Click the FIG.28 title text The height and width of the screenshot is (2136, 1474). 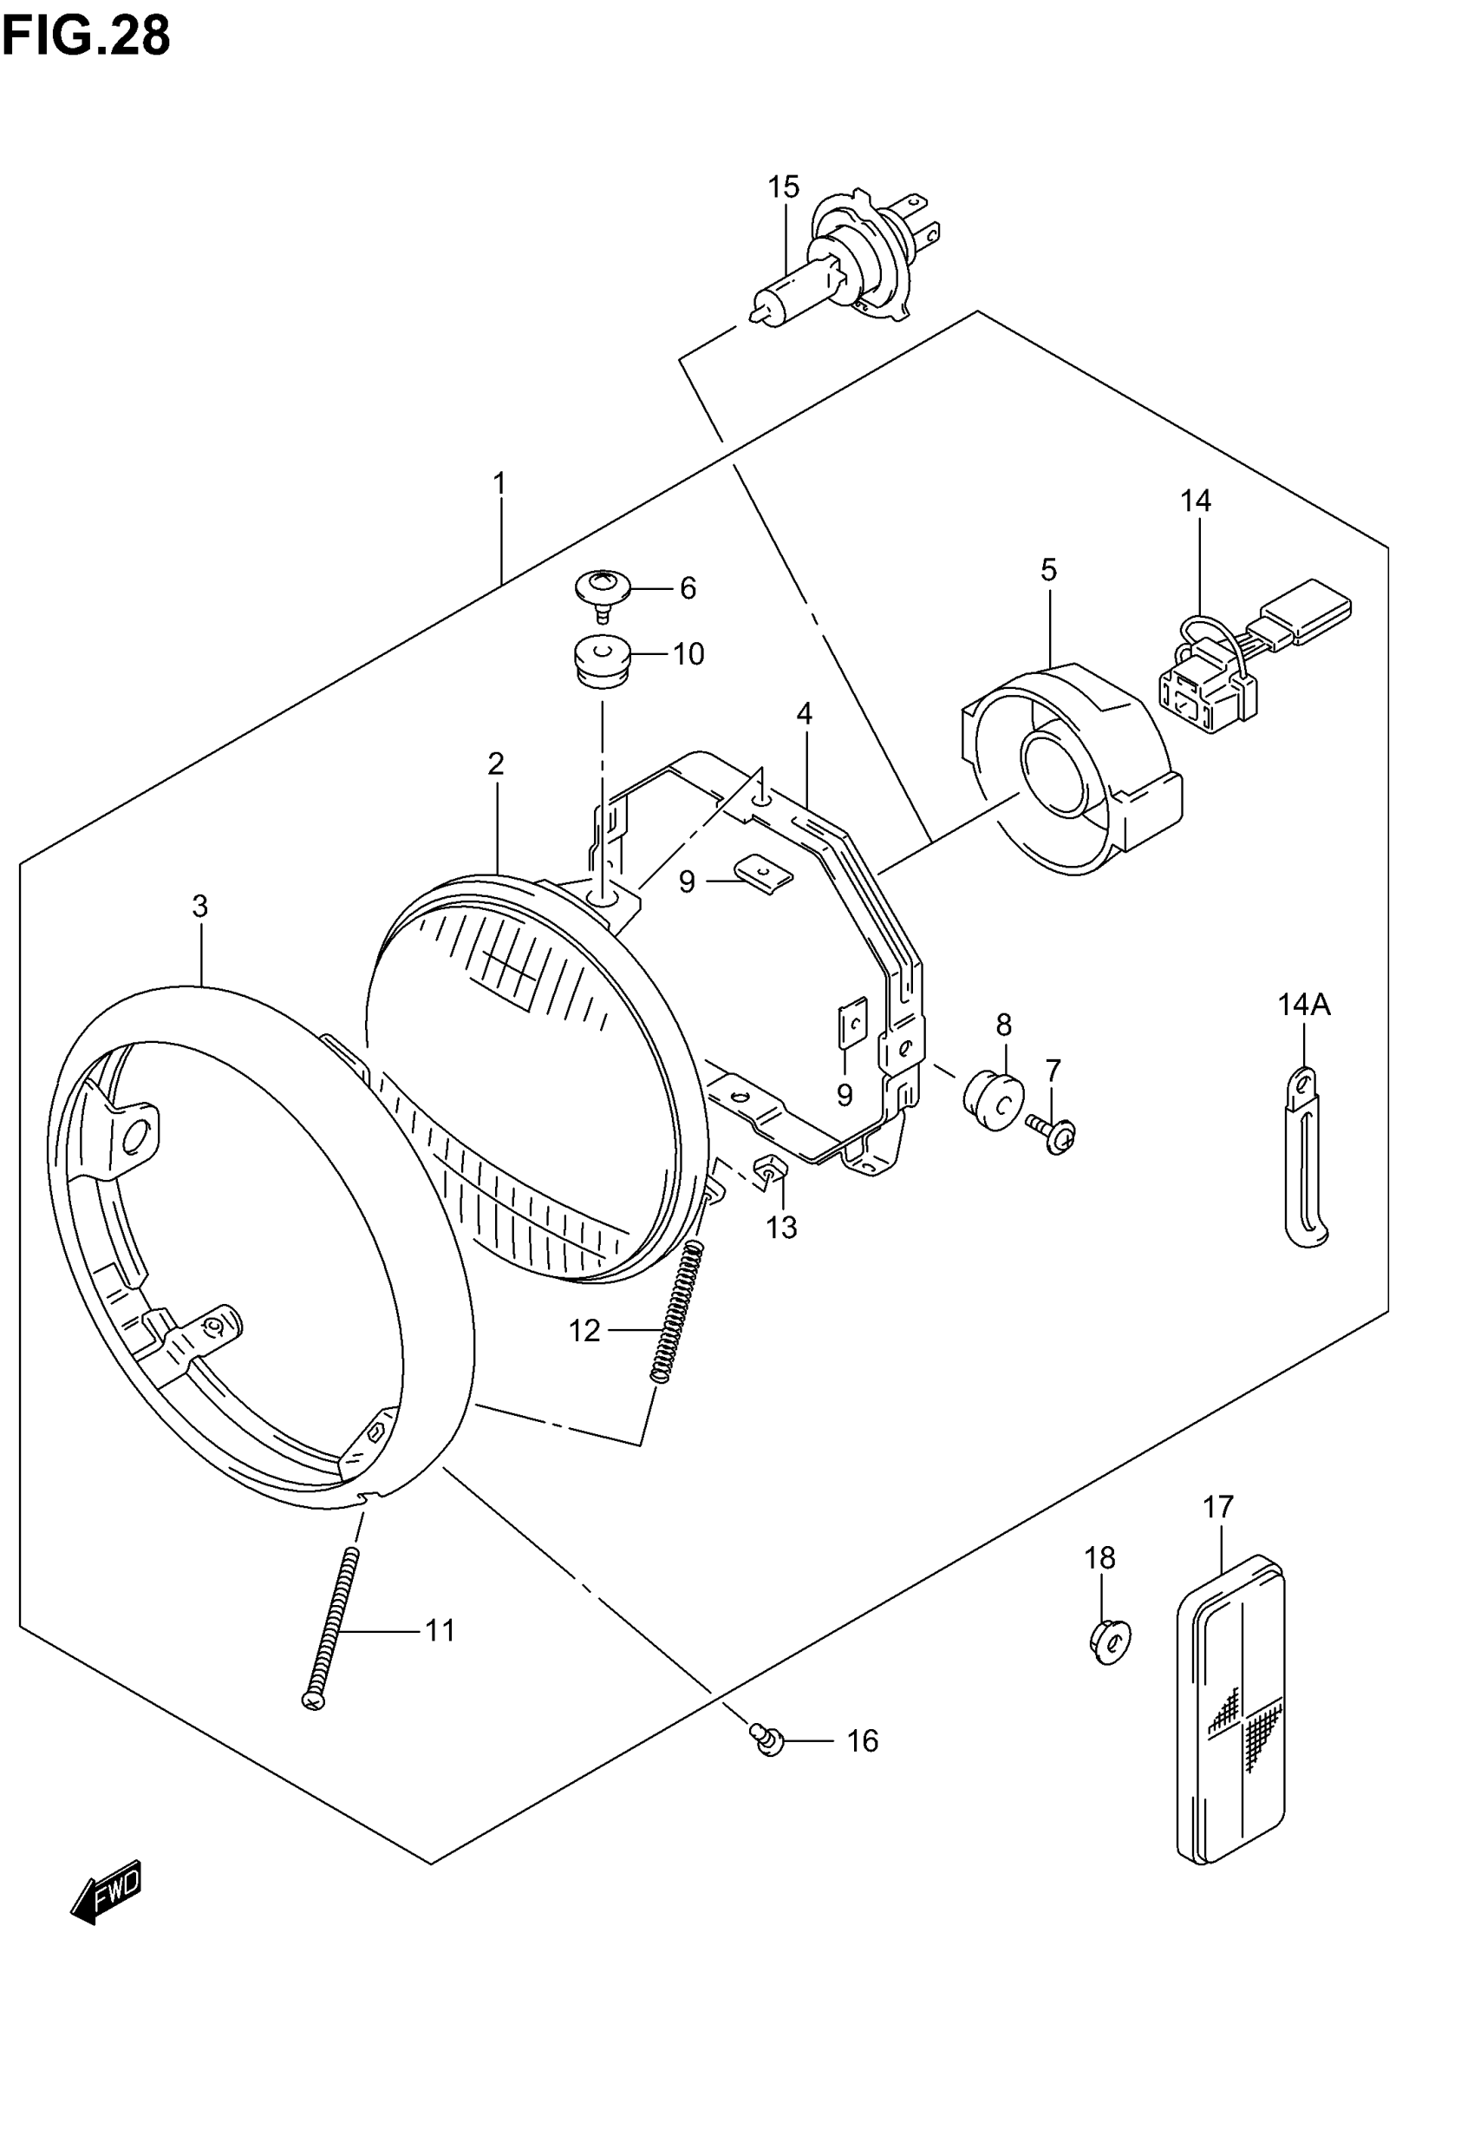point(86,37)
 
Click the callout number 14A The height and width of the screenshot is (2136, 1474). point(1303,1005)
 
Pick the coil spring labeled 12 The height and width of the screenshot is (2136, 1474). point(678,1313)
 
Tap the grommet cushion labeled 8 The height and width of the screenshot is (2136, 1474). point(993,1099)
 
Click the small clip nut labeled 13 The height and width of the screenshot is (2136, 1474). point(770,1173)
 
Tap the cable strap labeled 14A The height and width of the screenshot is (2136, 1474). point(1304,1159)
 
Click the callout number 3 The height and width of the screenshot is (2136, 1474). point(199,907)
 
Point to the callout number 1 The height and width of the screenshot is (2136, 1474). point(499,483)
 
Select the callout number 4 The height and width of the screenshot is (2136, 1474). point(805,714)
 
